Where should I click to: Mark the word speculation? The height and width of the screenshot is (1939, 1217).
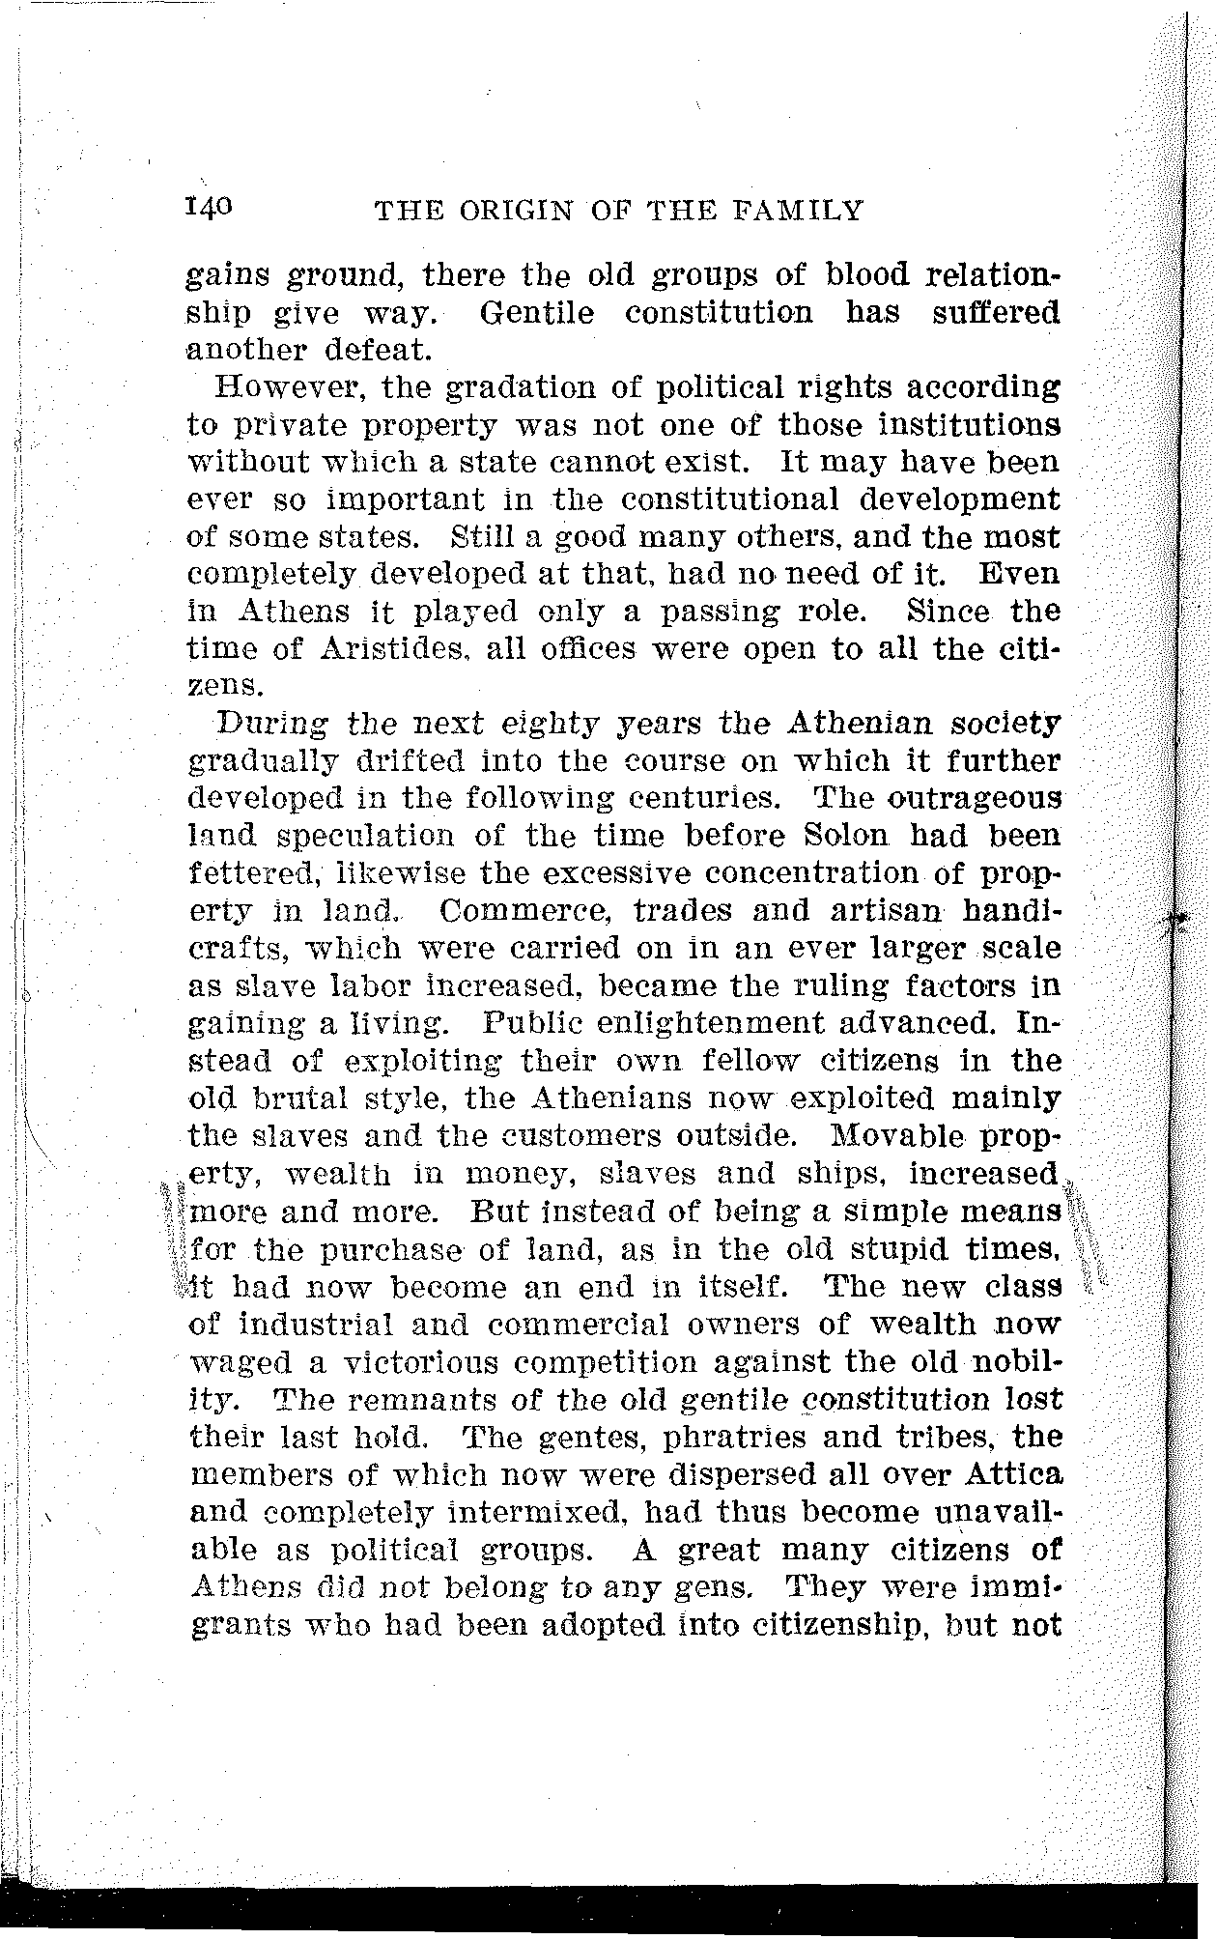(377, 837)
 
